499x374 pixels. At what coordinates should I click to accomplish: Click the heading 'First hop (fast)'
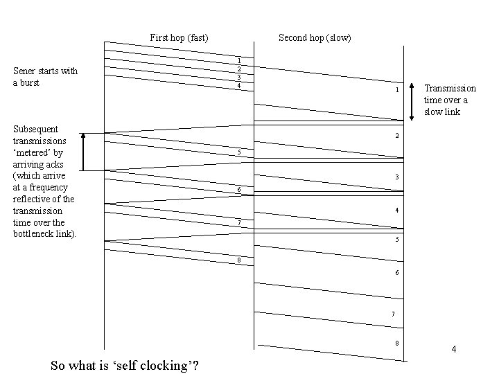179,37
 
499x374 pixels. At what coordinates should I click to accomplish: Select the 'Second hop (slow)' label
315,37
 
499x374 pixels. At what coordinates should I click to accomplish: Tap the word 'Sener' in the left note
26,71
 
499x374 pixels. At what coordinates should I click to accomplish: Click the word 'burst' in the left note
30,83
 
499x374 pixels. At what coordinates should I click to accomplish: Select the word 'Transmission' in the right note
450,88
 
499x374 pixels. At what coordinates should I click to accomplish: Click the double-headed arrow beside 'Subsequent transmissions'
83,152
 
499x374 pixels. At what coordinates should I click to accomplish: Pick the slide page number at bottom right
454,349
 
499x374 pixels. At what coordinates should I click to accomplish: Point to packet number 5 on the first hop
239,152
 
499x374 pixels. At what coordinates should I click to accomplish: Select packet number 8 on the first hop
239,260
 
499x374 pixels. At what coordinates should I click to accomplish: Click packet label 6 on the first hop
239,189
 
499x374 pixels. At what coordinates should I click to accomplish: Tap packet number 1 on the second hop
397,91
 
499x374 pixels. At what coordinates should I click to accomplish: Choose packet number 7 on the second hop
393,314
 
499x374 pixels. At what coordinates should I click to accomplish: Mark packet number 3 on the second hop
397,177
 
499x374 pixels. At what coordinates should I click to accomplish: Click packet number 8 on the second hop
396,344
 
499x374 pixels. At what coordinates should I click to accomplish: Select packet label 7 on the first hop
239,222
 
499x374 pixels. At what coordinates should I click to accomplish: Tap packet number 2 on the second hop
397,135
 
